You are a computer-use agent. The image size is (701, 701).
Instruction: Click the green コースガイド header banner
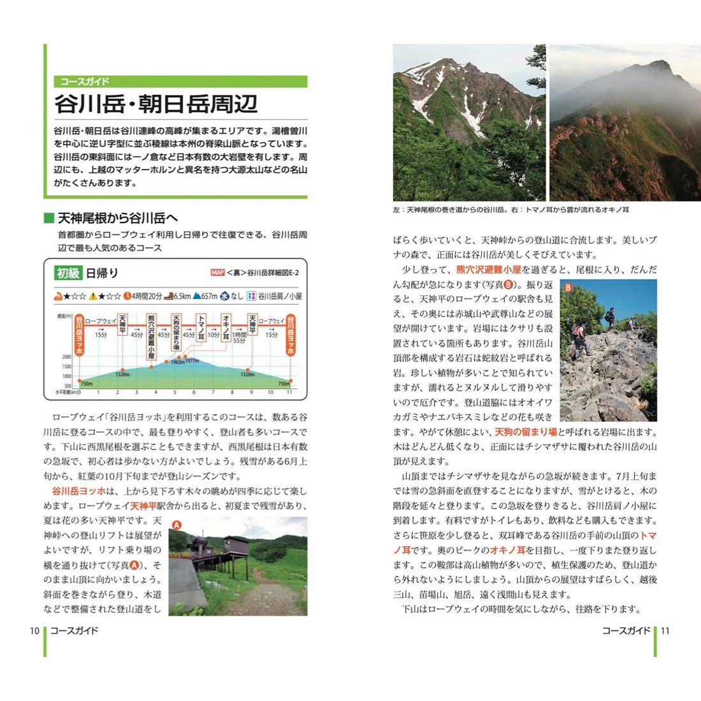coord(181,82)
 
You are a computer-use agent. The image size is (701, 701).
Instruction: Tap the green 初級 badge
coord(68,273)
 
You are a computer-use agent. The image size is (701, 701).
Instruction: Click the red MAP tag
coord(217,273)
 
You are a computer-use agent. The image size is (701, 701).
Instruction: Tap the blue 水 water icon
coord(225,296)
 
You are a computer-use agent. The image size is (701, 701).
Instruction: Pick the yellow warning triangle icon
coord(93,296)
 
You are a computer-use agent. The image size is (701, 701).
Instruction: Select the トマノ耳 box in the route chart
coord(201,328)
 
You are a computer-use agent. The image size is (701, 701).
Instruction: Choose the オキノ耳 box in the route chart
coord(226,328)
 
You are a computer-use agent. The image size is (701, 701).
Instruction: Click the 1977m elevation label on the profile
coord(192,361)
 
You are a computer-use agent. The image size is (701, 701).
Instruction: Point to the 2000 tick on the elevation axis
coord(67,357)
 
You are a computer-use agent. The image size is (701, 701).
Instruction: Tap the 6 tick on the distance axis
coord(194,393)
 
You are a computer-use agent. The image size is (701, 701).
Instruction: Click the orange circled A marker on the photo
coord(177,525)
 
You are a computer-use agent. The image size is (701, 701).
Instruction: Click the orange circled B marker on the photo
coord(568,287)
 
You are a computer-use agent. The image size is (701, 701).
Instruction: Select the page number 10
coord(34,631)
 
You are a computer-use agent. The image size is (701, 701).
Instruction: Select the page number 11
coord(665,631)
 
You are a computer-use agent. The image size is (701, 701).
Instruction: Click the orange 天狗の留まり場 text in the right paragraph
coord(526,432)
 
